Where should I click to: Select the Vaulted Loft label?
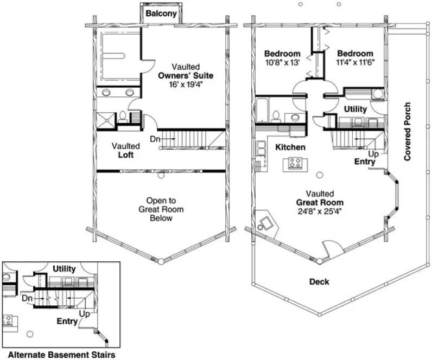click(x=126, y=150)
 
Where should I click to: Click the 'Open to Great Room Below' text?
click(x=161, y=209)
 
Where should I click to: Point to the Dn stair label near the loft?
click(x=155, y=140)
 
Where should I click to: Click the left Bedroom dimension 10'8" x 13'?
click(x=282, y=62)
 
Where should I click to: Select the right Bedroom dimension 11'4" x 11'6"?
click(x=355, y=62)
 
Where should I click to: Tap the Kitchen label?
click(x=290, y=147)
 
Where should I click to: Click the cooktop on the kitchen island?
click(x=295, y=162)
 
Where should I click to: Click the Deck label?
click(x=319, y=281)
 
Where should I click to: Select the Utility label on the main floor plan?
click(x=355, y=109)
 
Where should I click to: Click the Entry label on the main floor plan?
click(x=365, y=162)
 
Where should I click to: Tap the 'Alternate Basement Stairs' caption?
click(x=61, y=355)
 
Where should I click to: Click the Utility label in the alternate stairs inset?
click(x=64, y=268)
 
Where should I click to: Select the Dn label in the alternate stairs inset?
click(x=27, y=298)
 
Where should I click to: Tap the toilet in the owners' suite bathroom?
click(x=123, y=117)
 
